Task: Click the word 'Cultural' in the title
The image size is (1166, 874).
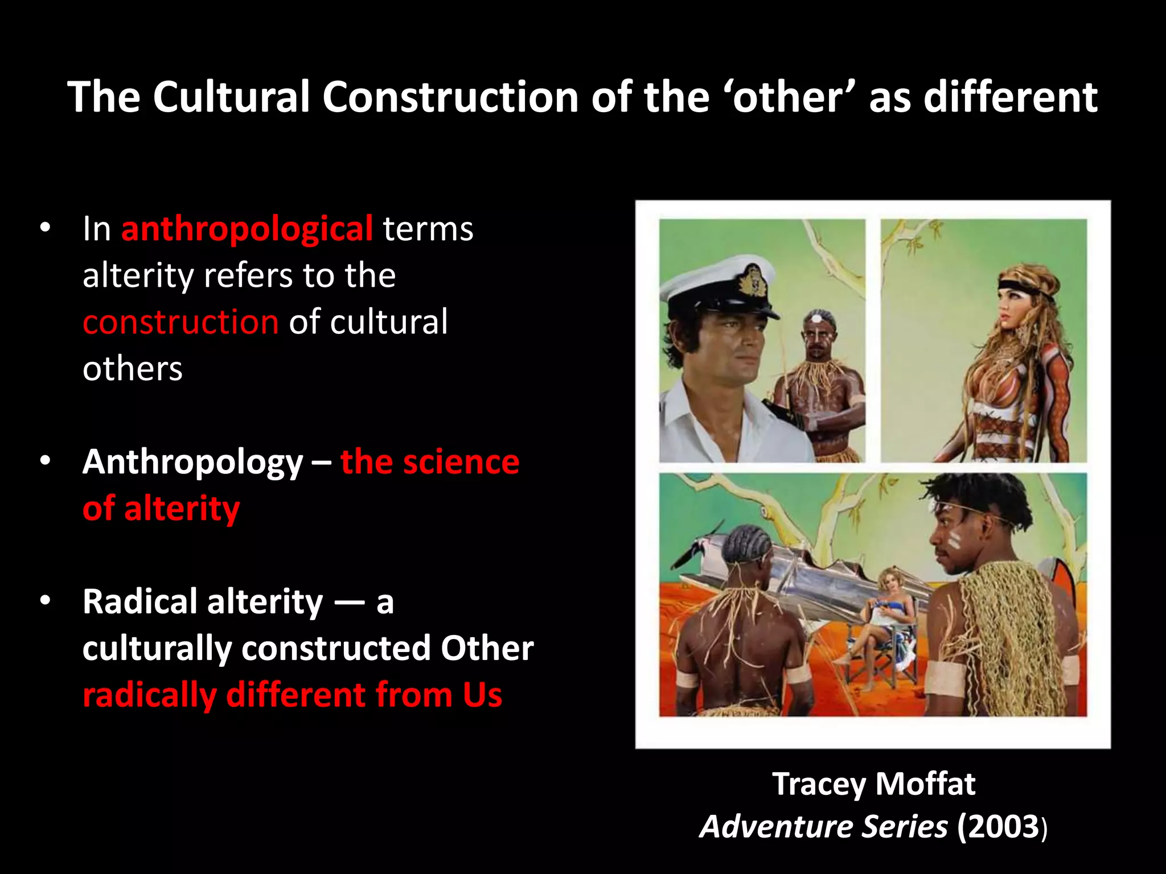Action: point(231,97)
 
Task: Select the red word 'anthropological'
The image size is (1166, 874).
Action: point(247,229)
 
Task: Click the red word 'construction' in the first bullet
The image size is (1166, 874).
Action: point(180,322)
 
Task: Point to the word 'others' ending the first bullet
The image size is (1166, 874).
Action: point(132,369)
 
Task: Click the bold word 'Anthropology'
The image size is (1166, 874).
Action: point(192,462)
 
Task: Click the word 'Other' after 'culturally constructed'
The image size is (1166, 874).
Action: point(487,648)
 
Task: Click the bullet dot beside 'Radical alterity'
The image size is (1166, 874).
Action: point(46,600)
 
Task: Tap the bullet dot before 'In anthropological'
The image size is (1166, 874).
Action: point(46,228)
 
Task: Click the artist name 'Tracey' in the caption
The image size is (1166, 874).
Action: point(819,784)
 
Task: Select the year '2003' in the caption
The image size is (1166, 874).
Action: point(999,827)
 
